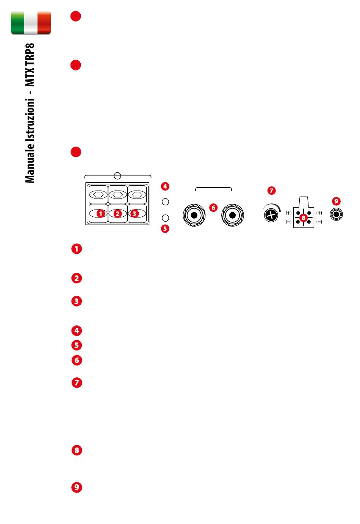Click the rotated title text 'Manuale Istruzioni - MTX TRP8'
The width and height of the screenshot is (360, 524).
30,113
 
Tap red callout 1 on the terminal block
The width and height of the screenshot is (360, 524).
100,214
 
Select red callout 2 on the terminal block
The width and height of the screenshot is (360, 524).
117,214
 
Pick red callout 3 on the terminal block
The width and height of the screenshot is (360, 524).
134,214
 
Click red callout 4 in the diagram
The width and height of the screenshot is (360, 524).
165,186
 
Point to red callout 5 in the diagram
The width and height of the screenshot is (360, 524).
165,228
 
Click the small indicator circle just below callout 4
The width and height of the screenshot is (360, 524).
165,202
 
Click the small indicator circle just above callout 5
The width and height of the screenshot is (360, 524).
165,218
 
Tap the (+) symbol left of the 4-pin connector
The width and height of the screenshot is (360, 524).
289,213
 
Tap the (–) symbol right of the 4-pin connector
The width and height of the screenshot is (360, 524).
319,222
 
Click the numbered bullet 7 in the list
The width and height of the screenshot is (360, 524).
77,383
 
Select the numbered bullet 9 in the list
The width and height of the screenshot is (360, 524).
77,487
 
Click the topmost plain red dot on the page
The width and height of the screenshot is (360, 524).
76,16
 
